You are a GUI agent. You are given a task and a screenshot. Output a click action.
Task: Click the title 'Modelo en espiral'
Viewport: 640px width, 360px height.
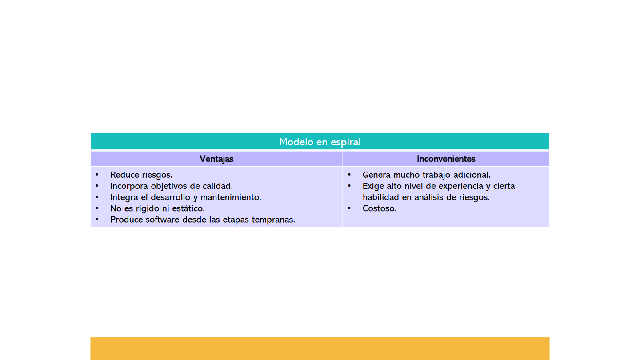(320, 142)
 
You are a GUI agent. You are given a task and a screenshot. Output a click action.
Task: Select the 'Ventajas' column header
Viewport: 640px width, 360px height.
(216, 159)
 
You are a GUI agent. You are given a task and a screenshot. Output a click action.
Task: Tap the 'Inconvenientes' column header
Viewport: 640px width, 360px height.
(446, 159)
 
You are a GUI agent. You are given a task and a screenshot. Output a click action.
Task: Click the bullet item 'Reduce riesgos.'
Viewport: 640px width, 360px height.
(141, 175)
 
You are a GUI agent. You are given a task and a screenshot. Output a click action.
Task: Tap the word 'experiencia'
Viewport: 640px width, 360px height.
(460, 186)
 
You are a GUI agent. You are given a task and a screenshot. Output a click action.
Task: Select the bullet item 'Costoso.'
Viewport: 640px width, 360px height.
(380, 208)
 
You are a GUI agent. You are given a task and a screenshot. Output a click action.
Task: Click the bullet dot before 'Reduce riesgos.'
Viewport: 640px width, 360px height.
(97, 174)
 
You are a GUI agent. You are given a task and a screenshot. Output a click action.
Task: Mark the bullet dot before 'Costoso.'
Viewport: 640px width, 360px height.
(349, 208)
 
